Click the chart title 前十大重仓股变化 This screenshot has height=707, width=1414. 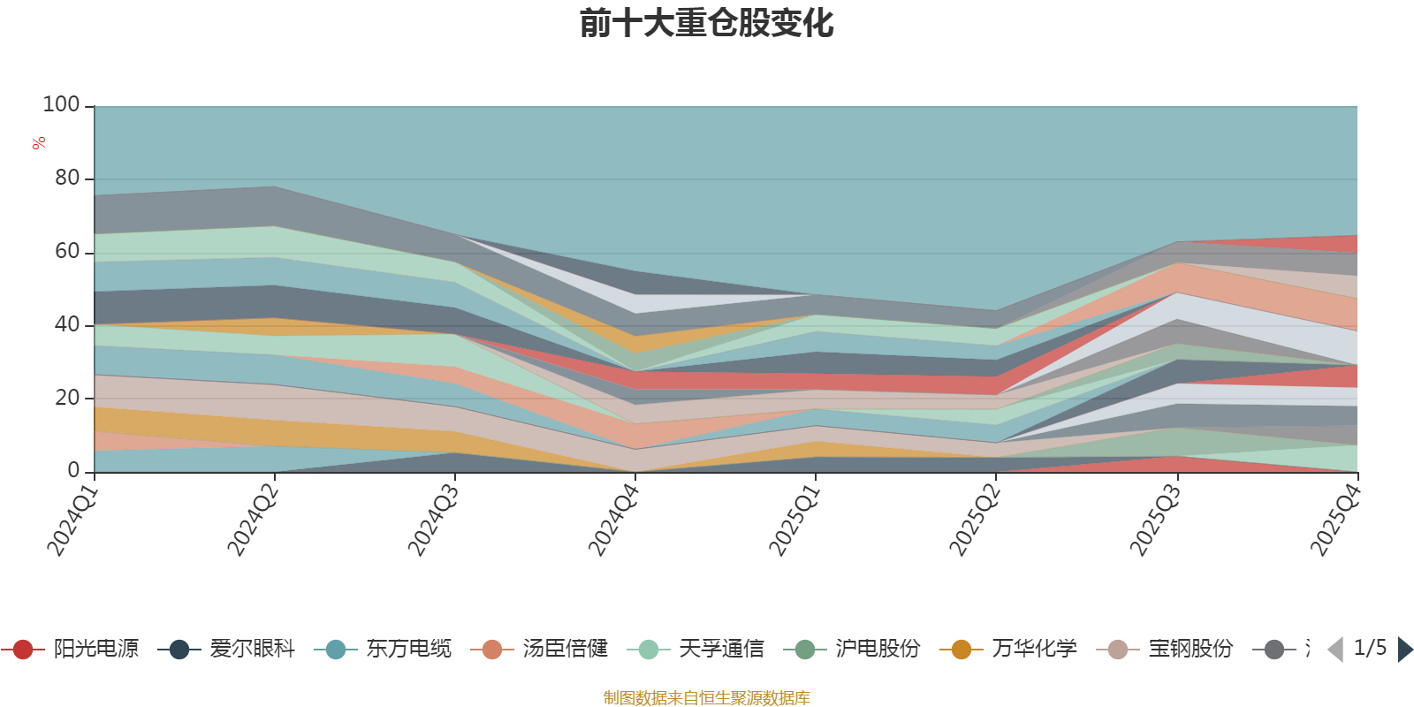(706, 23)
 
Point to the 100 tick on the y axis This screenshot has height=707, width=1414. (61, 104)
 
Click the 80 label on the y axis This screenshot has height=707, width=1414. (67, 178)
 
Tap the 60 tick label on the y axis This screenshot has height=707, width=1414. (67, 251)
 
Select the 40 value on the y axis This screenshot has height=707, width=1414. (67, 324)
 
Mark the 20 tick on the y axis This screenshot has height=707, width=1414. (67, 398)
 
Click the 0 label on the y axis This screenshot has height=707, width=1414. (74, 470)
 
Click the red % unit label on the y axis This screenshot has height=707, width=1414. (39, 143)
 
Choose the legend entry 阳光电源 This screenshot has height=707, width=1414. (70, 649)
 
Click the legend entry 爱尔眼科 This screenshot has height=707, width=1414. (226, 649)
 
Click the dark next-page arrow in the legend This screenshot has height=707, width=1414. (1405, 649)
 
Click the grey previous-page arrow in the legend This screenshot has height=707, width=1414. (1335, 649)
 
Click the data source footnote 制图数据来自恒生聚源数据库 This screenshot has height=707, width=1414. (706, 697)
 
